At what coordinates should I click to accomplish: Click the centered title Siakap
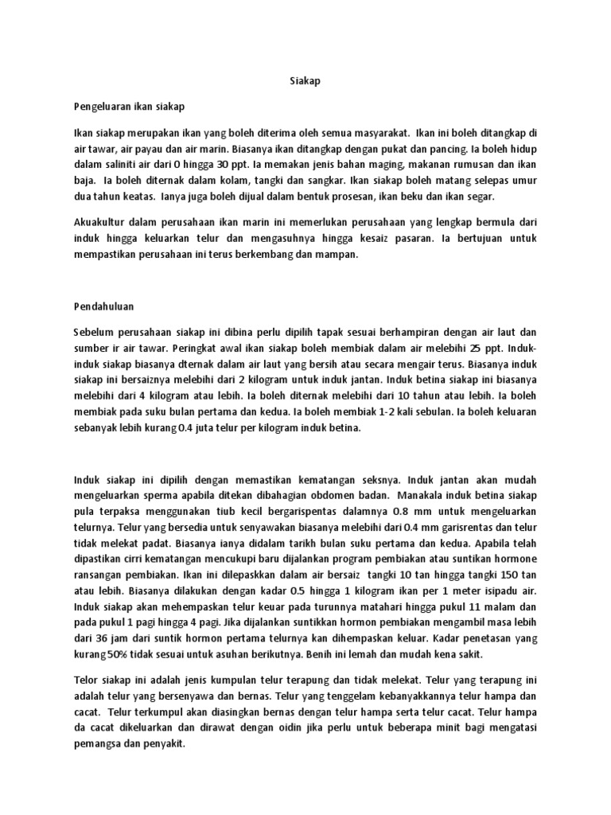(x=305, y=81)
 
